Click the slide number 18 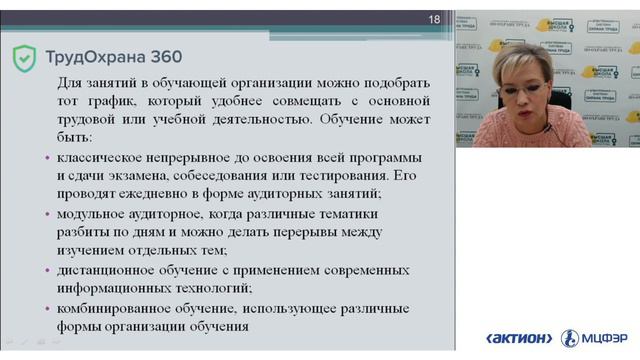pyautogui.click(x=434, y=19)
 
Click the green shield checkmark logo pyautogui.click(x=24, y=57)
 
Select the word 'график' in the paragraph pyautogui.click(x=118, y=101)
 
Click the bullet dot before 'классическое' pyautogui.click(x=47, y=159)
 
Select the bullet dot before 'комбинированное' pyautogui.click(x=47, y=307)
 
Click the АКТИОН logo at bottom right pyautogui.click(x=518, y=338)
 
